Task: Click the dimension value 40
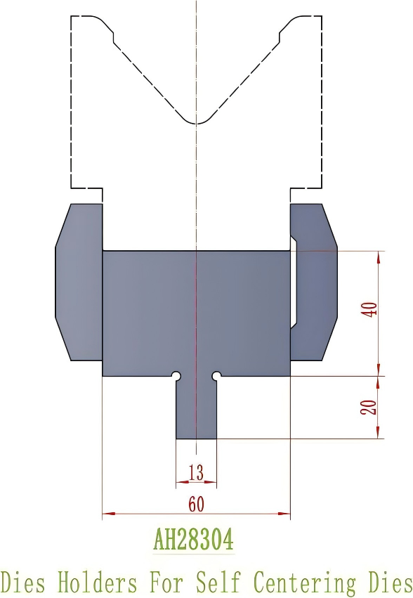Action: point(372,308)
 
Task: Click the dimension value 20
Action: point(369,407)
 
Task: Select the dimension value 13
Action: point(196,473)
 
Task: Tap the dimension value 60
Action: point(196,504)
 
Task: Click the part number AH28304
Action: point(193,540)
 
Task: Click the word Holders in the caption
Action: point(97,583)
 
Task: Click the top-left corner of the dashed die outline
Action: point(72,16)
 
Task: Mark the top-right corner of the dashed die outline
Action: point(322,16)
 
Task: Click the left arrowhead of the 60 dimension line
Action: point(105,514)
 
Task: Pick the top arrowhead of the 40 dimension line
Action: point(379,255)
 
